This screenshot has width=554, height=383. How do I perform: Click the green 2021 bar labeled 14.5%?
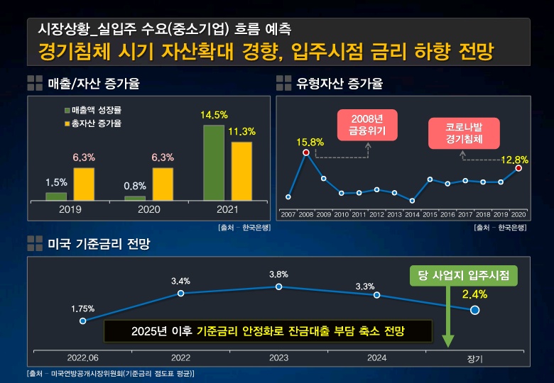point(214,162)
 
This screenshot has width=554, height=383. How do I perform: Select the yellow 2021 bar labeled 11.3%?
point(241,171)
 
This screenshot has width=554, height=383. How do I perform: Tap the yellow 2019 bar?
point(84,184)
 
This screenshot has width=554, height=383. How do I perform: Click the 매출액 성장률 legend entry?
point(92,111)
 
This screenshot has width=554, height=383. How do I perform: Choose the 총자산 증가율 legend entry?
point(92,123)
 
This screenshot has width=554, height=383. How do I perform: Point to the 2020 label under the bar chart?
point(149,210)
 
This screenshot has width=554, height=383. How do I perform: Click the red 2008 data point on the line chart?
point(306,152)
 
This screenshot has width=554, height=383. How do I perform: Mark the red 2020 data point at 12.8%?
point(518,168)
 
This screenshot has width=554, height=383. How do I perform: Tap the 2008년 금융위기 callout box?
point(366,124)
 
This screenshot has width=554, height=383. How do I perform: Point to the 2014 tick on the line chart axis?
point(412,213)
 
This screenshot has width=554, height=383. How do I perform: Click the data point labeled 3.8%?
point(278,287)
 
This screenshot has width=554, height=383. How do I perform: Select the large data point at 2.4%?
point(474,310)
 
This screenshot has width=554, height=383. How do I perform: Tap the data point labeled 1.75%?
point(83,321)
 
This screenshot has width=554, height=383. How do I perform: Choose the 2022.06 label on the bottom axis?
point(83,357)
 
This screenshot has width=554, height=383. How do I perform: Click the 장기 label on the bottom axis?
point(474,358)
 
